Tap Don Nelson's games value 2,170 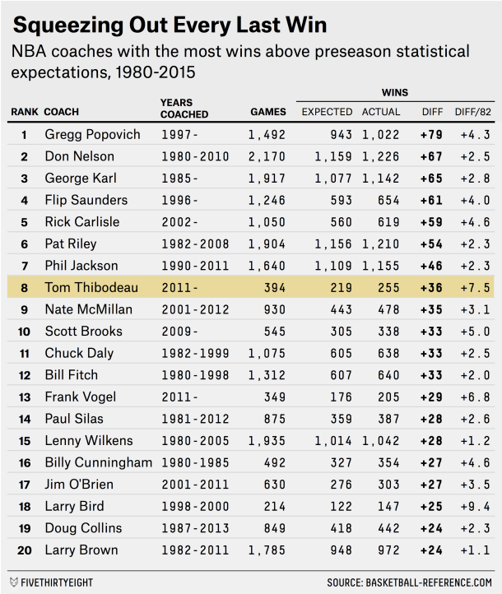[x=266, y=156]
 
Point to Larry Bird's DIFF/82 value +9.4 [x=473, y=506]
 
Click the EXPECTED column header [x=327, y=112]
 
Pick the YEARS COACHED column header [x=184, y=109]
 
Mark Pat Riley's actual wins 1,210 [x=381, y=244]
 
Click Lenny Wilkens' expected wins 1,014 [x=332, y=440]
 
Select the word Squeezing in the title [x=63, y=25]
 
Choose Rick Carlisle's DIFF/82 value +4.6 [x=473, y=222]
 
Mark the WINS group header [x=394, y=93]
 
